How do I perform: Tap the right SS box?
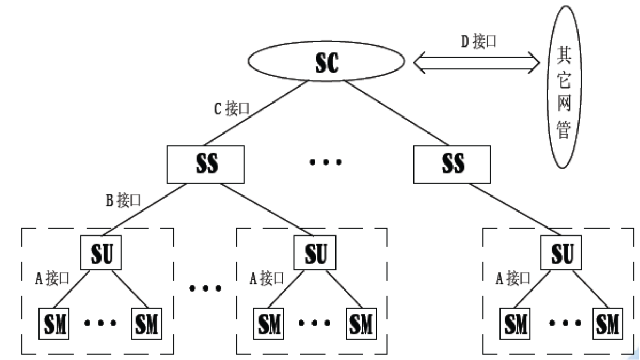point(453,164)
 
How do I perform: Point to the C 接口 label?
point(231,109)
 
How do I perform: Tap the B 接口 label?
point(123,200)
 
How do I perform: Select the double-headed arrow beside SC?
point(478,62)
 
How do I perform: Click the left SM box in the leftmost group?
point(56,323)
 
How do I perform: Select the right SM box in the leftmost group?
point(146,323)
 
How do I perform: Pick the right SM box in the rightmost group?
point(606,323)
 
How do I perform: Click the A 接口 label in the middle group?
point(268,278)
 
